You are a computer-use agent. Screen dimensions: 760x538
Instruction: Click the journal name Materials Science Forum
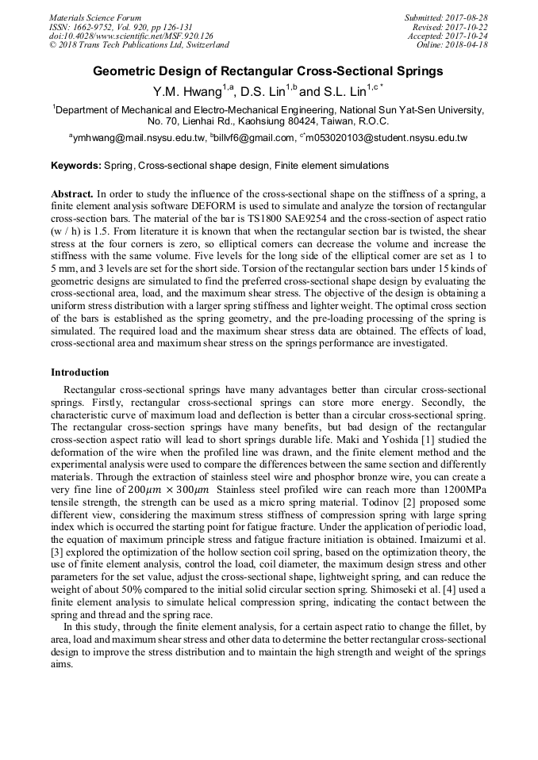(95, 17)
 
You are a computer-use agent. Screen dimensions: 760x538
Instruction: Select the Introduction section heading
(80, 372)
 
